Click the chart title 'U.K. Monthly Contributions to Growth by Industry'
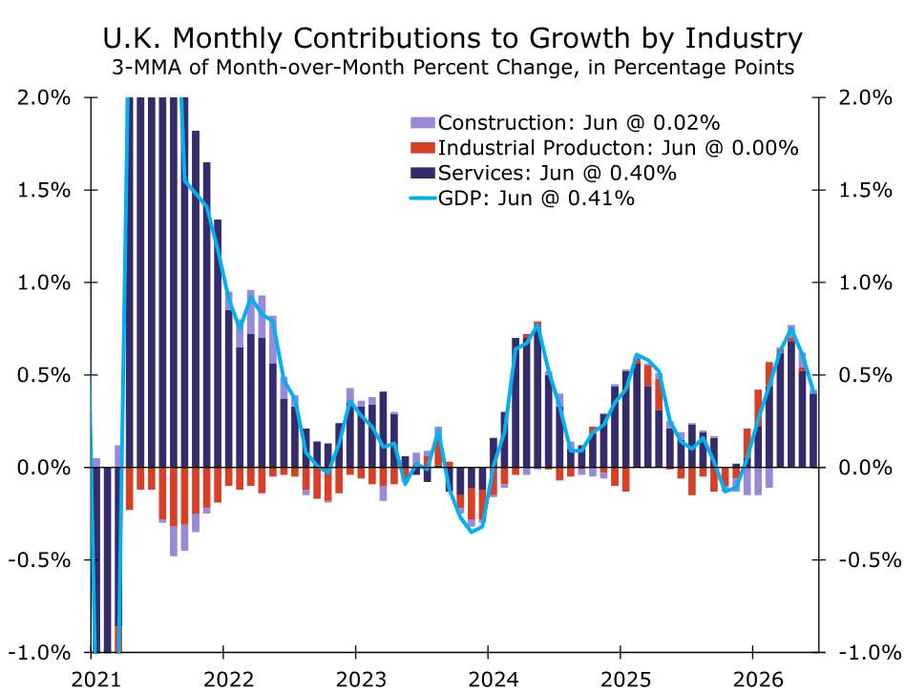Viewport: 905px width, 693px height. pyautogui.click(x=452, y=39)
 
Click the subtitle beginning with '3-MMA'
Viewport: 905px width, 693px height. pyautogui.click(x=452, y=68)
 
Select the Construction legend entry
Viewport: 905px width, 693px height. pyautogui.click(x=565, y=122)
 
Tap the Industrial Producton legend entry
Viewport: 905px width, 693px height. pyautogui.click(x=604, y=148)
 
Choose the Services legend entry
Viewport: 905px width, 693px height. pyautogui.click(x=543, y=173)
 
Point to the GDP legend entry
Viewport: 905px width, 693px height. pyautogui.click(x=522, y=199)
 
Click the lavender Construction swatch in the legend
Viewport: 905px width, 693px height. pyautogui.click(x=423, y=122)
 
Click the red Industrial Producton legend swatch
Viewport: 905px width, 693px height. pyautogui.click(x=423, y=148)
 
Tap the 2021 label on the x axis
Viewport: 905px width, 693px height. pyautogui.click(x=95, y=680)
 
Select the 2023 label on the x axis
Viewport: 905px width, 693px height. pyautogui.click(x=361, y=680)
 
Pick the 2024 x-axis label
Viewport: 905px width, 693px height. pyautogui.click(x=494, y=680)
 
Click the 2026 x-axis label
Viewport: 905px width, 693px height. pyautogui.click(x=758, y=680)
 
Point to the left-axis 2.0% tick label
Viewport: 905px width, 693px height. pyautogui.click(x=44, y=97)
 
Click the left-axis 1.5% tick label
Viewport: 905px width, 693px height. pyautogui.click(x=44, y=190)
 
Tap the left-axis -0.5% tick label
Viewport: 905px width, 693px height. pyautogui.click(x=39, y=559)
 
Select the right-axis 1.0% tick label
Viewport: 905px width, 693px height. pyautogui.click(x=865, y=283)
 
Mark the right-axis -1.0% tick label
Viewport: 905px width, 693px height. pyautogui.click(x=870, y=653)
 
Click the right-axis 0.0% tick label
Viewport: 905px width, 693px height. pyautogui.click(x=865, y=468)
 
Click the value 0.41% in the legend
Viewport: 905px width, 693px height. pyautogui.click(x=600, y=199)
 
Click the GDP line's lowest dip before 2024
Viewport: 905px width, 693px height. pyautogui.click(x=472, y=532)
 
